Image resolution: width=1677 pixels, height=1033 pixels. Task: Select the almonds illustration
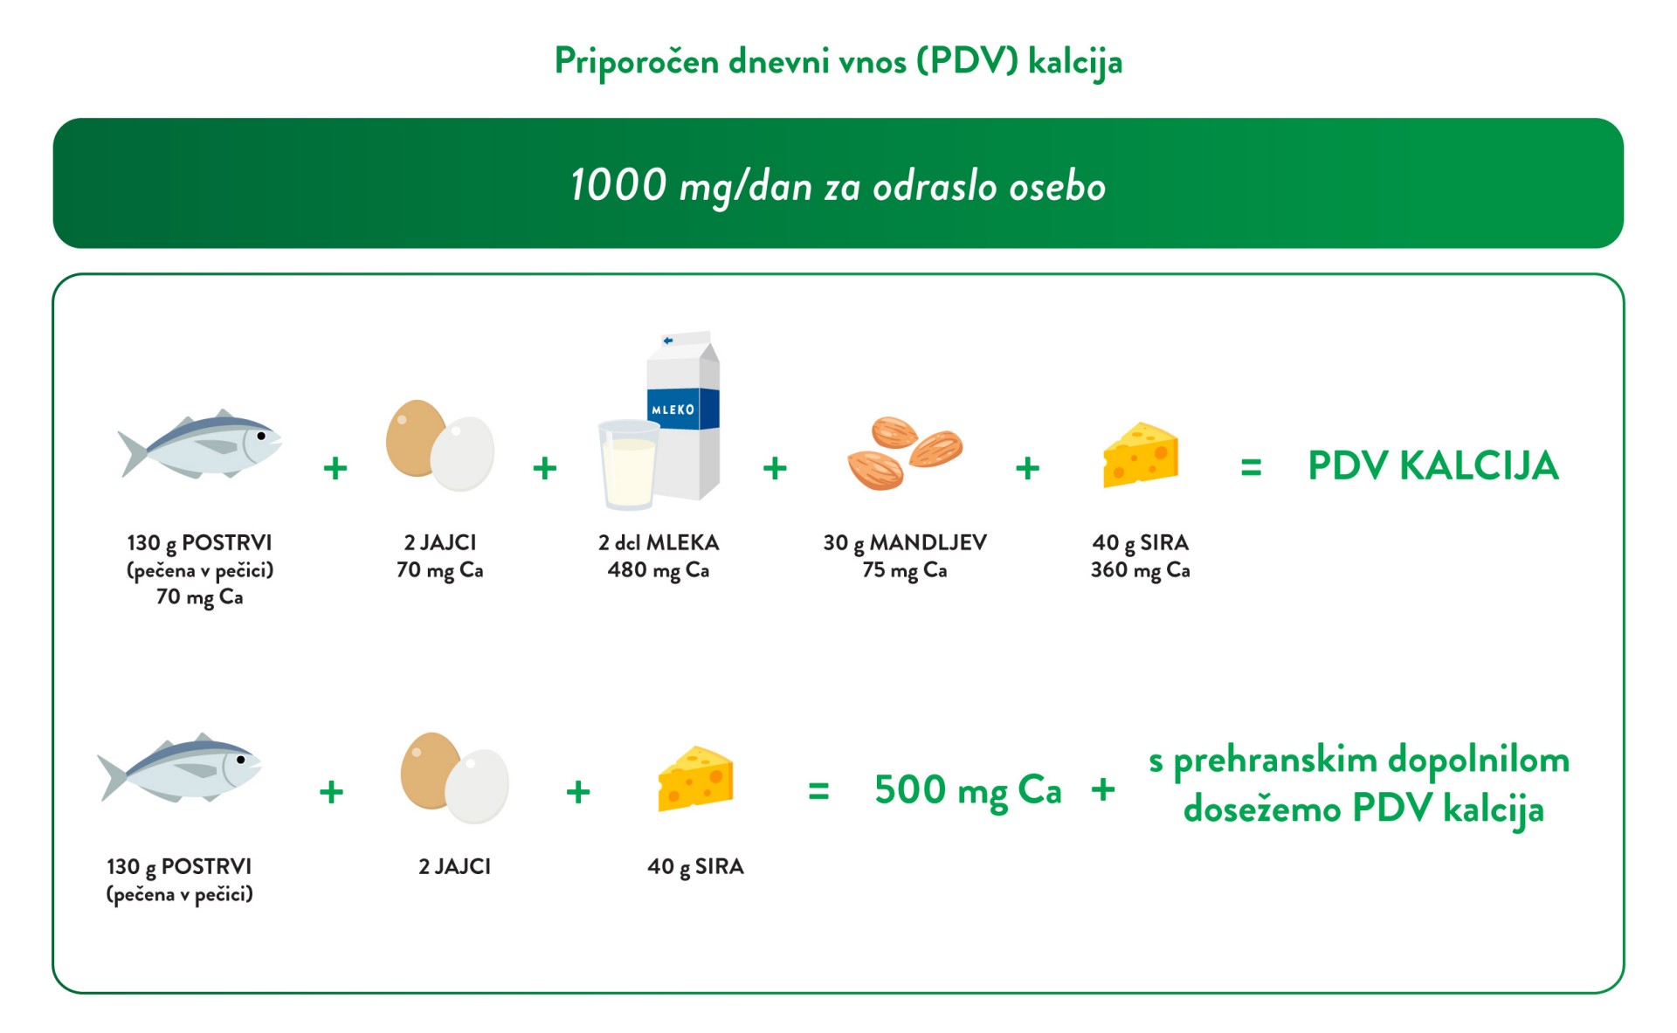coord(904,452)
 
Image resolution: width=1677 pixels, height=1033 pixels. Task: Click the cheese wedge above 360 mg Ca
coord(1140,455)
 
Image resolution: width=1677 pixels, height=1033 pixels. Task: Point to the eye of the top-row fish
coord(261,436)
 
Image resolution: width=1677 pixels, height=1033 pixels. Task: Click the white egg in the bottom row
coord(477,786)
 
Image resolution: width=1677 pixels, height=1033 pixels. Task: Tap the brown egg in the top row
coord(416,437)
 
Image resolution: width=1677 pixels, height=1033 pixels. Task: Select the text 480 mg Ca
coord(659,570)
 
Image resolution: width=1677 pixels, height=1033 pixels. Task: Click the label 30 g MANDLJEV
coord(905,543)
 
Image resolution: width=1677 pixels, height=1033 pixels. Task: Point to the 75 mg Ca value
coord(905,570)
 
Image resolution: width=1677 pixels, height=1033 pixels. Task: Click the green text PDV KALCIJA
coord(1432,466)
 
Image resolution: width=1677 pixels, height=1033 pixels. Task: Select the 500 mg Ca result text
coord(968,791)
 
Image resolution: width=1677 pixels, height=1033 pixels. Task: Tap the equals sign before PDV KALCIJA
coord(1251,469)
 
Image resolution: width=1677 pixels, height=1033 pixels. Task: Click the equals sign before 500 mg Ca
coord(818,792)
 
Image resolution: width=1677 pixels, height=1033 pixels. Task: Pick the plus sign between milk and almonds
coord(775,469)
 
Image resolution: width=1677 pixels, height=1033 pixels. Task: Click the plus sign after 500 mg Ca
coord(1103,789)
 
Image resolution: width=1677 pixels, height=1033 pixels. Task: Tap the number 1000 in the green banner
coord(618,185)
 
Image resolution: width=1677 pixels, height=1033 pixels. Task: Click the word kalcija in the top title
coord(1075,62)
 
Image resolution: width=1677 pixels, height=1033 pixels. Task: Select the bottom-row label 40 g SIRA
coord(695,867)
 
